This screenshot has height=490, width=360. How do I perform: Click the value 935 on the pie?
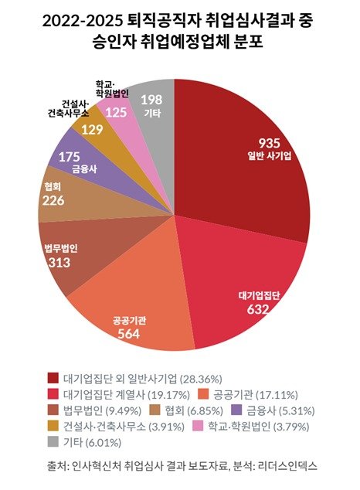pos(269,145)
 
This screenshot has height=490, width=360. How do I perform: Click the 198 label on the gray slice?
pos(151,100)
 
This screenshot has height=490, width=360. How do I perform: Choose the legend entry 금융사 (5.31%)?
pos(280,410)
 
